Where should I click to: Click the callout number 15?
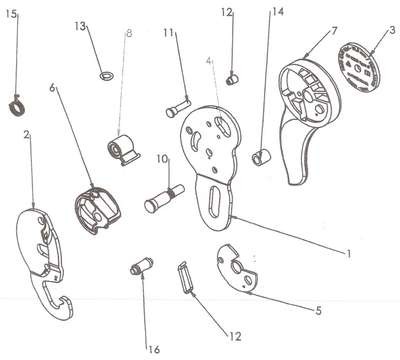(x=11, y=14)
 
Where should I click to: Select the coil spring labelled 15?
(x=17, y=106)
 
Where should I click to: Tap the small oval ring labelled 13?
(x=107, y=76)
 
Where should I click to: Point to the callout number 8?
(x=129, y=33)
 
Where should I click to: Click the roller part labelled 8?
(x=123, y=149)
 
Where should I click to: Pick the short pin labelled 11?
(x=178, y=108)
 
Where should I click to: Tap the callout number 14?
(x=278, y=12)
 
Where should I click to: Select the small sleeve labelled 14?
(x=261, y=156)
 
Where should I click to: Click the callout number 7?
(x=334, y=31)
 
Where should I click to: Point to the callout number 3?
(x=392, y=31)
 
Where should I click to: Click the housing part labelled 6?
(x=98, y=210)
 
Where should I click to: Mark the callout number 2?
(x=27, y=135)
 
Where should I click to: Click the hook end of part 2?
(x=62, y=306)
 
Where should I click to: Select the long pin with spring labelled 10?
(x=164, y=198)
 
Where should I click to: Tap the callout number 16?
(x=154, y=349)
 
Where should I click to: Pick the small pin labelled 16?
(x=141, y=266)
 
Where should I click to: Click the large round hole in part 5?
(x=236, y=267)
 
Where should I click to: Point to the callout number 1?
(x=348, y=254)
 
